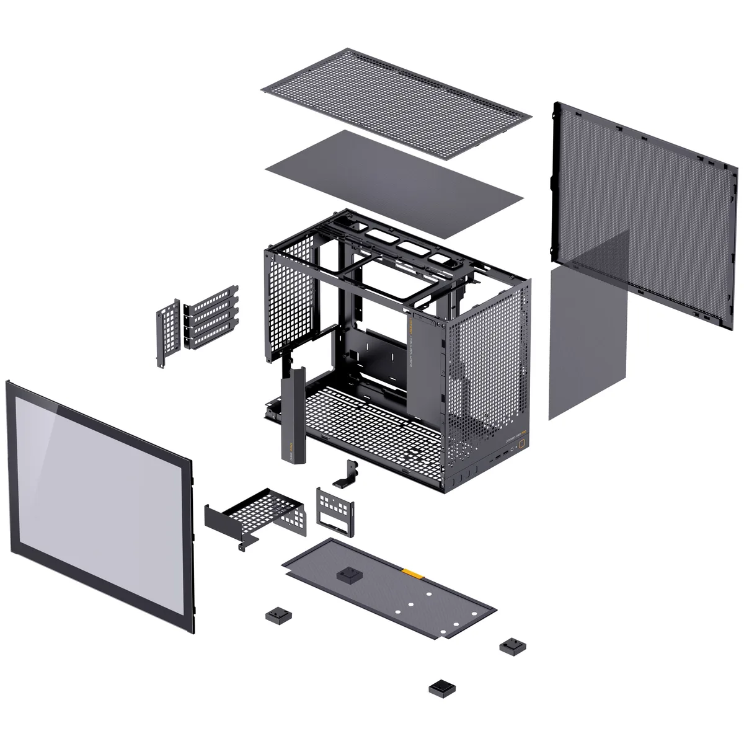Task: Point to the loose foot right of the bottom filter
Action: point(512,646)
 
